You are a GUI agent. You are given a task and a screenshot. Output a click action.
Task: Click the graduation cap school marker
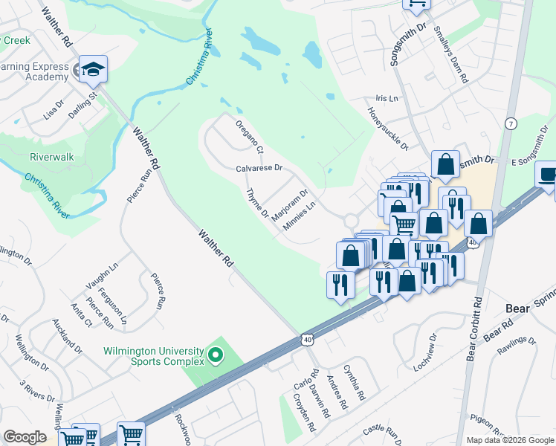(93, 69)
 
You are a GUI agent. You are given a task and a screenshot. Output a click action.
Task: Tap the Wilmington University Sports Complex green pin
(216, 356)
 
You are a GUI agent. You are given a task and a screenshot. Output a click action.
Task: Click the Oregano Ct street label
(250, 137)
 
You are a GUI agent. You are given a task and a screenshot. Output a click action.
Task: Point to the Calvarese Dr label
(259, 169)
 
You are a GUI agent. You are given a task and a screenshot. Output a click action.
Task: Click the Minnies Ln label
(306, 215)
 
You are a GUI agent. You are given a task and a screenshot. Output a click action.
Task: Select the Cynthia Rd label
(353, 381)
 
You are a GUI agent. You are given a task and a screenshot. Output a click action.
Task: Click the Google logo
(25, 437)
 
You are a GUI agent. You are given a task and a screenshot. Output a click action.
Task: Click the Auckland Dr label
(68, 336)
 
